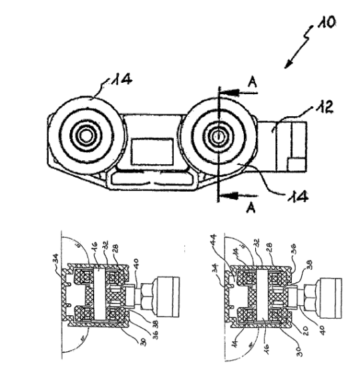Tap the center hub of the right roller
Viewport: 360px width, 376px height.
click(218, 136)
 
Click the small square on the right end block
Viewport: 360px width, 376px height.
click(294, 162)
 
